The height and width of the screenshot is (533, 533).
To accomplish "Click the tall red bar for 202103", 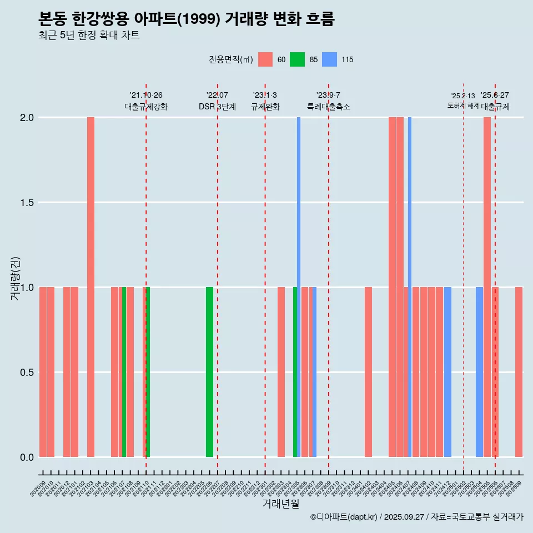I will (90, 287).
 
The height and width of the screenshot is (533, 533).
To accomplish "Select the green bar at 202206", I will (209, 372).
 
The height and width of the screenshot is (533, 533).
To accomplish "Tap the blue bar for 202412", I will (447, 372).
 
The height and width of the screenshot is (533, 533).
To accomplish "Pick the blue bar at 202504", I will (479, 372).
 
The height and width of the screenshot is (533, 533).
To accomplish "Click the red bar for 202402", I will (368, 372).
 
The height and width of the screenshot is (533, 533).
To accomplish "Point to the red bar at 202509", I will (519, 372).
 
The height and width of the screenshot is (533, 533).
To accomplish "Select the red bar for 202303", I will (281, 372).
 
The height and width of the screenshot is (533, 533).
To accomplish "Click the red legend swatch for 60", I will (265, 59).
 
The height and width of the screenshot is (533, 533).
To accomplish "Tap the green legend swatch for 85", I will (298, 59).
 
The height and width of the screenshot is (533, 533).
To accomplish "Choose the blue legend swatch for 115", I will (330, 59).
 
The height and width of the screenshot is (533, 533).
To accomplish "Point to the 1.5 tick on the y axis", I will (27, 203).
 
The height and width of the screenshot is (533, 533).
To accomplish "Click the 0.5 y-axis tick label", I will (27, 373).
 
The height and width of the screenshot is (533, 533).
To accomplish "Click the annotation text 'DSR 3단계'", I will (217, 107).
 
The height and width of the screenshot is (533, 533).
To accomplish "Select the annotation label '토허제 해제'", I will (463, 105).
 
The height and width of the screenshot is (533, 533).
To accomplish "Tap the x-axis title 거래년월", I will (280, 504).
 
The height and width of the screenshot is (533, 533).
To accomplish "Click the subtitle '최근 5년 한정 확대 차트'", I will (89, 35).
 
